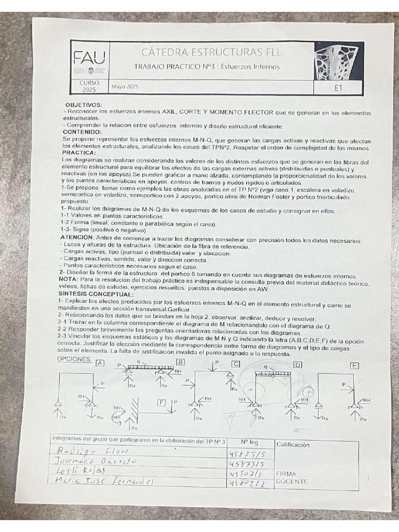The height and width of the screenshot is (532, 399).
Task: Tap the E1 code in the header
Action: click(338, 88)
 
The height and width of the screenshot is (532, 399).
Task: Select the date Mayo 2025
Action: click(124, 86)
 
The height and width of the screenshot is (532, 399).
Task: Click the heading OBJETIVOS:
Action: click(84, 105)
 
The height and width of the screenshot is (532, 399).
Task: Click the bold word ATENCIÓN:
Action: click(77, 237)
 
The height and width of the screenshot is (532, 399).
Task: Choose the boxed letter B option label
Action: click(180, 362)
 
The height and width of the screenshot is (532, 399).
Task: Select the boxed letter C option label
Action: click(236, 364)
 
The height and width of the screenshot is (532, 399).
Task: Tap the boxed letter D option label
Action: click(298, 365)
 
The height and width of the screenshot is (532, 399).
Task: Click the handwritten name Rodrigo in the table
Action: click(71, 450)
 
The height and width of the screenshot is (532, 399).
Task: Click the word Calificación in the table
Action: click(294, 445)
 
